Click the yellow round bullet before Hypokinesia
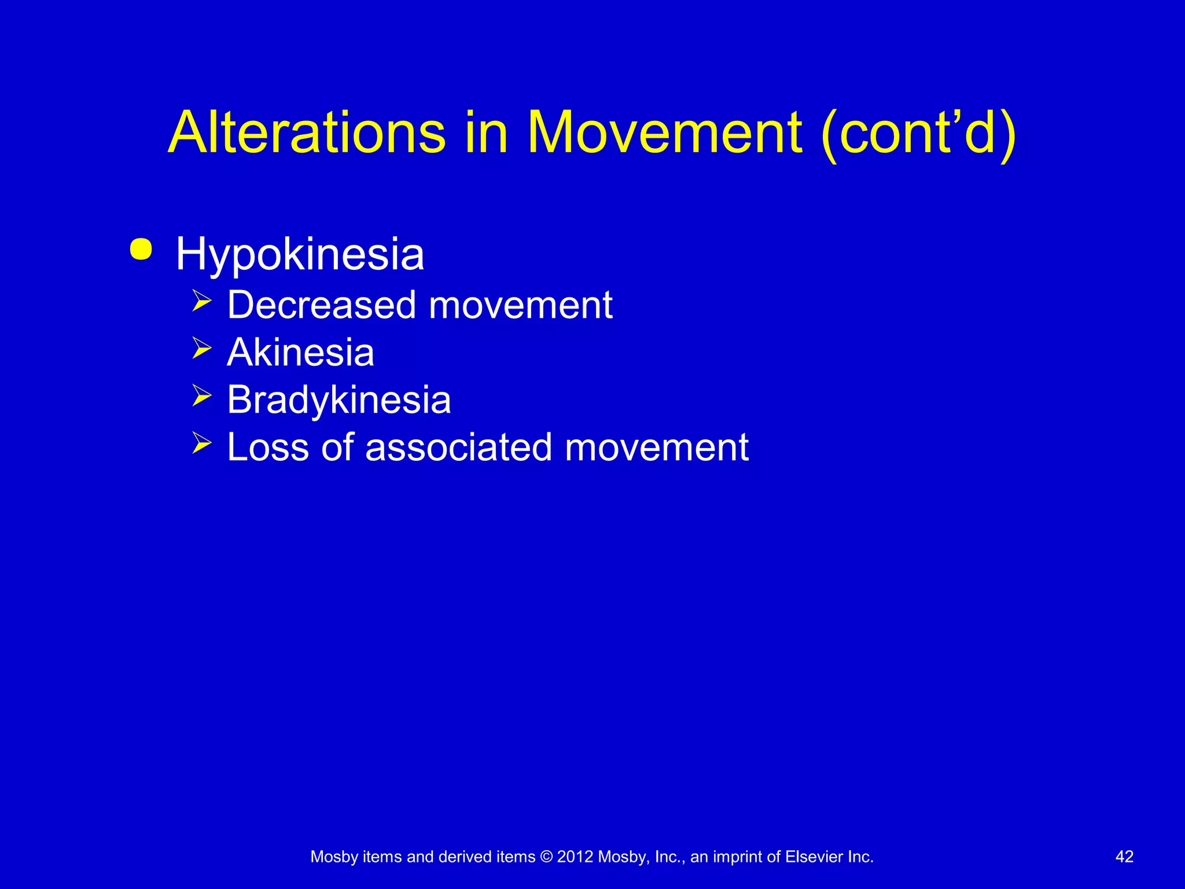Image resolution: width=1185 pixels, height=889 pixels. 141,249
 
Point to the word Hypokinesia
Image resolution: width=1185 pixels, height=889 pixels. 300,255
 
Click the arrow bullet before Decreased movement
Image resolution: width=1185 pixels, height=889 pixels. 202,302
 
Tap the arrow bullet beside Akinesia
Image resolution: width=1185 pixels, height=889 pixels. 202,349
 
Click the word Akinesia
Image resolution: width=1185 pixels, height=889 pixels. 300,352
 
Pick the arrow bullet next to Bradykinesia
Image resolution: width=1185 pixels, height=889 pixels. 202,396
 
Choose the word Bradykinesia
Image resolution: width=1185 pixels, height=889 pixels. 338,401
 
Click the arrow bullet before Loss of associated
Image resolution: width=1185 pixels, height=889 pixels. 202,444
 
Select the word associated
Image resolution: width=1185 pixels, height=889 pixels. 458,447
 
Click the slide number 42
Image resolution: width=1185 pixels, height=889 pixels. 1124,857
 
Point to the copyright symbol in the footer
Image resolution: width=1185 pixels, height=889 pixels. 546,857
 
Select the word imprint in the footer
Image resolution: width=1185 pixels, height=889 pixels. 738,857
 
